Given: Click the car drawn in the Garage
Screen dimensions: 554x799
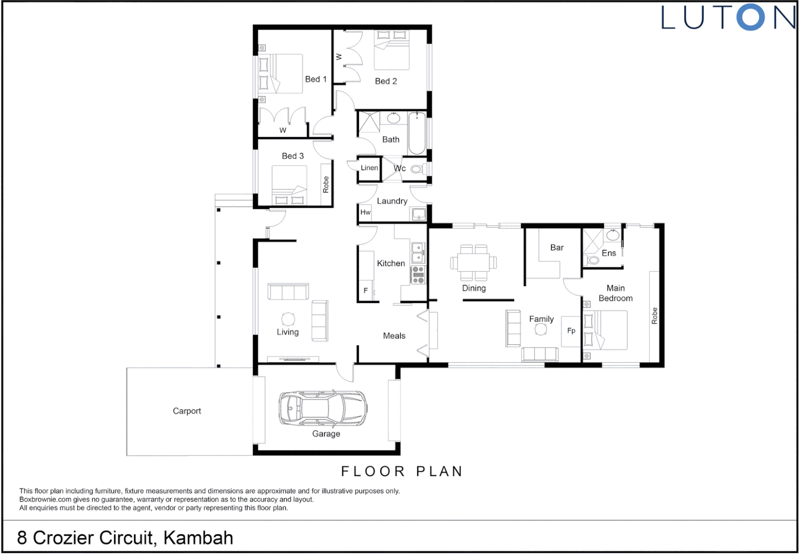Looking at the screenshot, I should pos(323,409).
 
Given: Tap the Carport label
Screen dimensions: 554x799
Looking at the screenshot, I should pos(187,411).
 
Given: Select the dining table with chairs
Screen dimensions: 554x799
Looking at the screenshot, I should pos(473,262).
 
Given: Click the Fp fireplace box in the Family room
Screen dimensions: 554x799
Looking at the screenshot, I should pos(571,331).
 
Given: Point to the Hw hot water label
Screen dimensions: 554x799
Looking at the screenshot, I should pos(365,212).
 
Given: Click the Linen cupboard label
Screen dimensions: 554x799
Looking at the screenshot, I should pos(369,168).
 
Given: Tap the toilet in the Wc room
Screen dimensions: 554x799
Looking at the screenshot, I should pos(417,169).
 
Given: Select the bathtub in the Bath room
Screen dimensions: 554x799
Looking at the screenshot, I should pos(416,133).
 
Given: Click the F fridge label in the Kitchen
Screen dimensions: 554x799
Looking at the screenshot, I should pos(366,290).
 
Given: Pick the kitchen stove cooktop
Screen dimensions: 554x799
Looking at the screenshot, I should pos(418,275).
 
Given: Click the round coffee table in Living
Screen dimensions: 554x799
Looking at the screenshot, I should pos(288,319).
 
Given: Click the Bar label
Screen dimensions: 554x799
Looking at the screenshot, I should pos(557,248).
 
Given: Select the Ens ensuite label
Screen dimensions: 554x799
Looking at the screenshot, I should pos(609,253).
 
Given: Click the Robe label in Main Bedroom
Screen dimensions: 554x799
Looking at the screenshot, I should pos(654,315).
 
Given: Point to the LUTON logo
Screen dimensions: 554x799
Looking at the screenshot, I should pos(728,17).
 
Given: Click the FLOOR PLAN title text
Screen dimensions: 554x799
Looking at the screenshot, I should pos(402,471).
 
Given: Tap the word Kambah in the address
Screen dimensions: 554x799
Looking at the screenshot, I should pos(198,538).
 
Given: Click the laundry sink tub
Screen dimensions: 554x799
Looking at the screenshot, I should pos(418,214).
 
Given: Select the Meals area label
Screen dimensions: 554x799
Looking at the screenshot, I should pos(394,336).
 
